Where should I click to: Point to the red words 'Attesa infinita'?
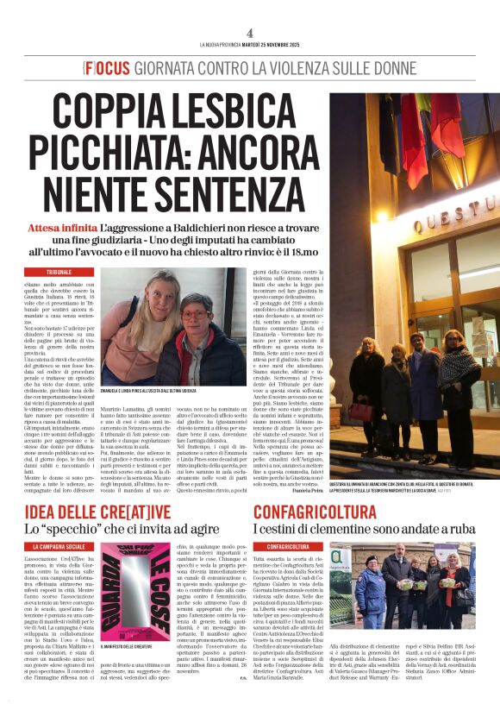click(x=61, y=226)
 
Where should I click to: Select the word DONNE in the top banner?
click(x=392, y=67)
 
